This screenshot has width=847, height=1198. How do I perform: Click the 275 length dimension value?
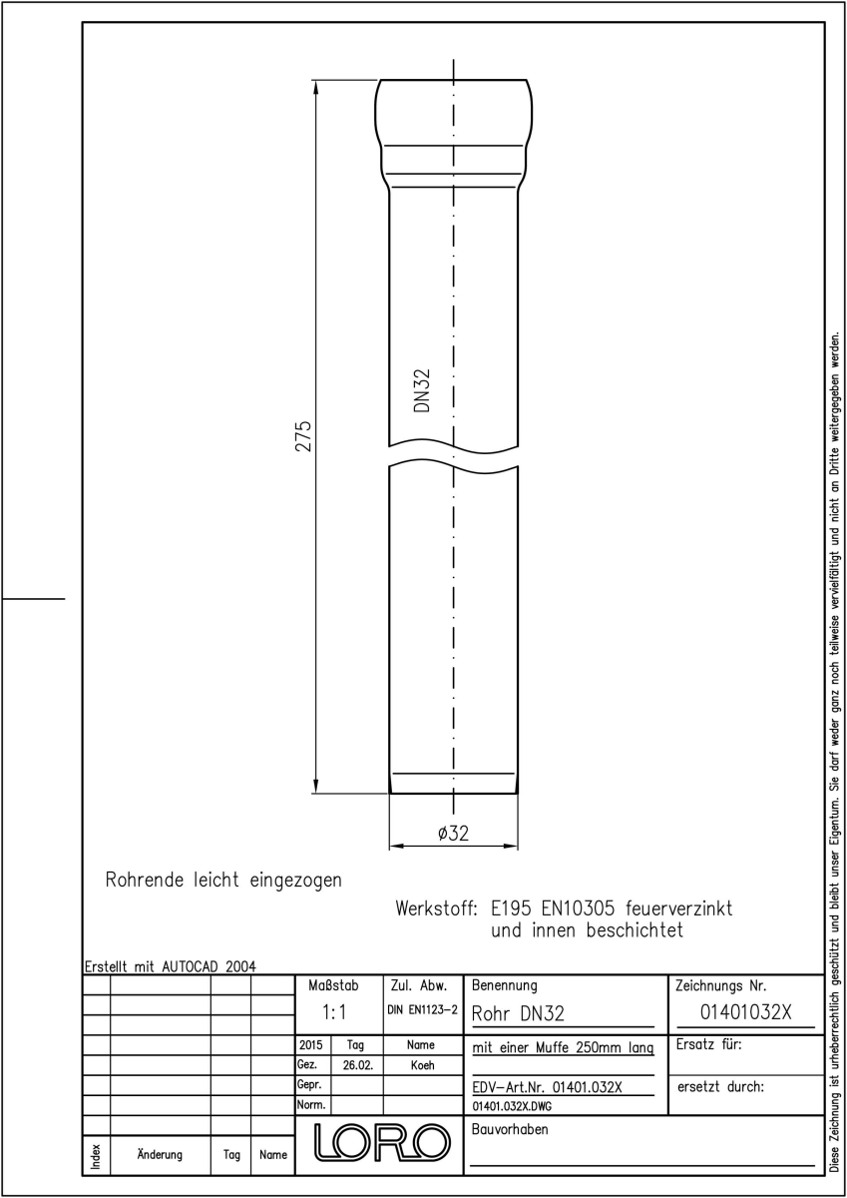pyautogui.click(x=303, y=436)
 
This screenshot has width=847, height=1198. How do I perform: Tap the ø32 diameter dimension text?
pyautogui.click(x=453, y=834)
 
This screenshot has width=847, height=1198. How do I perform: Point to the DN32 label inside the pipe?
pyautogui.click(x=422, y=390)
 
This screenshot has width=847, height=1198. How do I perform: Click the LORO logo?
pyautogui.click(x=381, y=1143)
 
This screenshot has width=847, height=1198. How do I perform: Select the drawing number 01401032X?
pyautogui.click(x=745, y=1012)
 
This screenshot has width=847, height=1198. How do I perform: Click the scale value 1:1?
pyautogui.click(x=334, y=1012)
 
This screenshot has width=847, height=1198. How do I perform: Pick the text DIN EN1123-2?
pyautogui.click(x=423, y=1010)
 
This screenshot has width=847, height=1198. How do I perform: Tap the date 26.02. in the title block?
pyautogui.click(x=357, y=1065)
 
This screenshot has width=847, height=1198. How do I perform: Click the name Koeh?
pyautogui.click(x=422, y=1065)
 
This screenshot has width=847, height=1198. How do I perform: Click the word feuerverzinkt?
pyautogui.click(x=678, y=908)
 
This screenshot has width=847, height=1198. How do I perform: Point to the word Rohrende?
pyautogui.click(x=145, y=880)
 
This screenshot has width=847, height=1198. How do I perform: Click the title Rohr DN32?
pyautogui.click(x=518, y=1013)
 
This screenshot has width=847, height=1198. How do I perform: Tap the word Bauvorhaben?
pyautogui.click(x=509, y=1129)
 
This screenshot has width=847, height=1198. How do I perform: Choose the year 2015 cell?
pyautogui.click(x=310, y=1044)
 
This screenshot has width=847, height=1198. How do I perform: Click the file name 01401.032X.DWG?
pyautogui.click(x=512, y=1106)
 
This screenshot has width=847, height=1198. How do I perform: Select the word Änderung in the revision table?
pyautogui.click(x=160, y=1154)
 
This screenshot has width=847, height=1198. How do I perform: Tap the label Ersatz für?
pyautogui.click(x=709, y=1044)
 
